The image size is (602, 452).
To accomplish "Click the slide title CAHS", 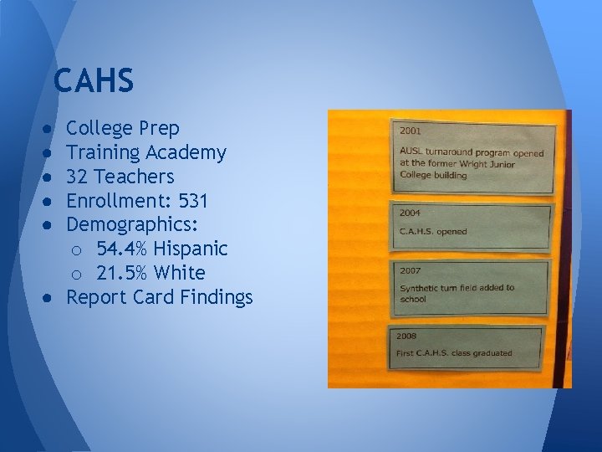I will [x=93, y=81].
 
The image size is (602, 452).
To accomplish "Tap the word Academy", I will [x=186, y=153].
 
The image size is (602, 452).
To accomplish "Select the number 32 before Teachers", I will [x=78, y=177].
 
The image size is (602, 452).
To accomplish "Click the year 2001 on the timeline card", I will [x=411, y=131].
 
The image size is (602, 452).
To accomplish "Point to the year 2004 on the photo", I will [x=411, y=213].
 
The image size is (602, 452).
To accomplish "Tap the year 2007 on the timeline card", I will [x=411, y=271].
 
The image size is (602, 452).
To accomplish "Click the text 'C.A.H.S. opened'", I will [x=434, y=231].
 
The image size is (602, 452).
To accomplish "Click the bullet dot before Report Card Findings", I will [x=51, y=298].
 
